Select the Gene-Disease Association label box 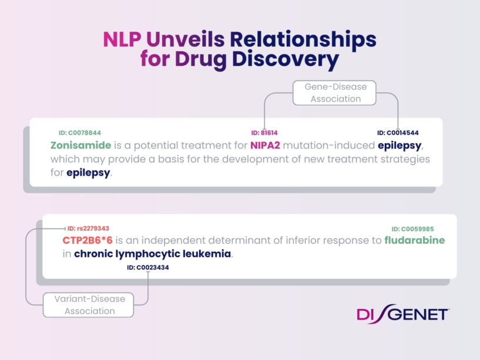click(x=335, y=93)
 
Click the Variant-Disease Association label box click(x=90, y=305)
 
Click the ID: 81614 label click(x=264, y=133)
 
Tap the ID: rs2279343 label click(x=88, y=228)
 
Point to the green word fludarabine click(x=414, y=240)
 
